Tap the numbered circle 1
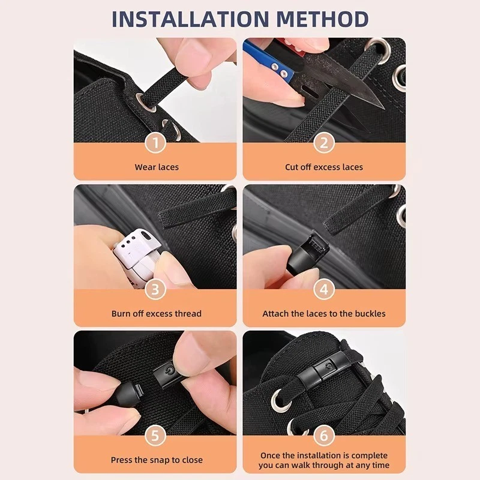pos(156,143)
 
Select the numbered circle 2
pos(324,143)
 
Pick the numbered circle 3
pos(156,290)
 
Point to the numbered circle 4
pos(324,290)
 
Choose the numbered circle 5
pos(156,436)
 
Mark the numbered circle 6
pos(324,436)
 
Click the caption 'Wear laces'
pos(156,167)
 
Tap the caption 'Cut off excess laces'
pos(324,167)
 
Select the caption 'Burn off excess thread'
pos(156,313)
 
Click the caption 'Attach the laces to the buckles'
pos(324,313)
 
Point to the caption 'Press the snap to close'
pos(156,460)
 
